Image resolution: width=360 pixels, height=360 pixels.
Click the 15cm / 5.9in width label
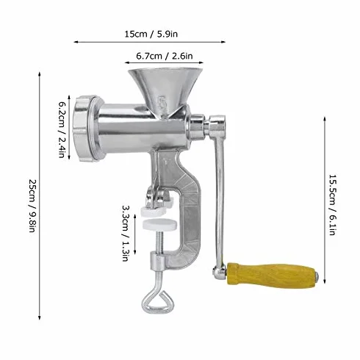point(151,34)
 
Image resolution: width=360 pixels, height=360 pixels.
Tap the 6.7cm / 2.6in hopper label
point(165,56)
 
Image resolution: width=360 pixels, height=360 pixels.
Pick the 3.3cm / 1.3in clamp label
point(126,233)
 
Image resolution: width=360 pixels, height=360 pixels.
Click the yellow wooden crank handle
point(271,276)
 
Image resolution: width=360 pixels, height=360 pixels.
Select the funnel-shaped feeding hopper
point(166,91)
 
